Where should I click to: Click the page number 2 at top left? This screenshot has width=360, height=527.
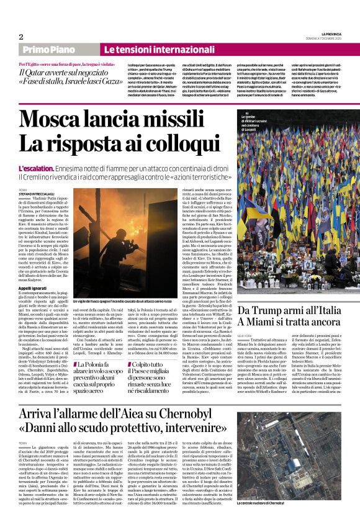20,37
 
